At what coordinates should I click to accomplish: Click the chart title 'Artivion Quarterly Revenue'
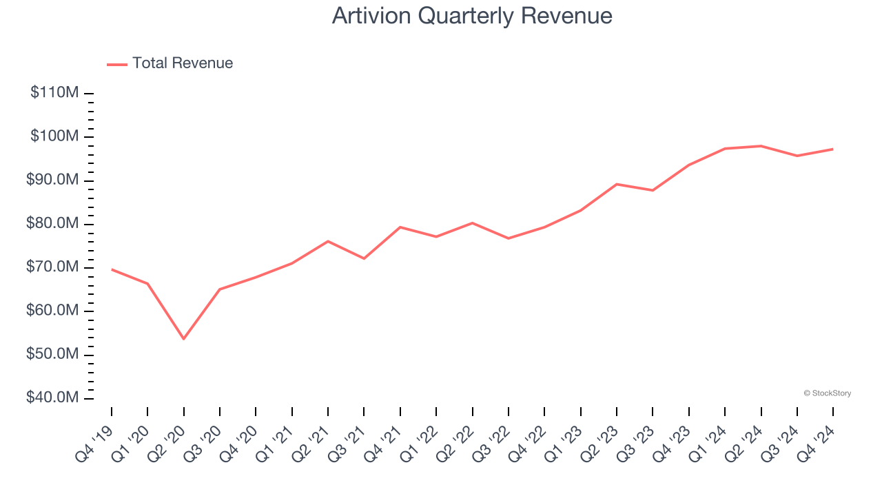pos(472,16)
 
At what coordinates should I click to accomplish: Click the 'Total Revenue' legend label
pos(183,63)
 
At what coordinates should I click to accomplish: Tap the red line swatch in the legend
pos(117,64)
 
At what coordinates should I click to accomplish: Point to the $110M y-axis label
pos(54,93)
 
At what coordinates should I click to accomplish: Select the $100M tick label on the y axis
pos(54,136)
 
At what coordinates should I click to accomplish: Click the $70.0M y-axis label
pos(52,267)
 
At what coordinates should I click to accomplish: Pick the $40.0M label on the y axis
pos(52,398)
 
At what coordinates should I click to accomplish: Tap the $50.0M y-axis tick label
pos(52,355)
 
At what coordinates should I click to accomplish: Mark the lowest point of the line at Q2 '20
pos(184,339)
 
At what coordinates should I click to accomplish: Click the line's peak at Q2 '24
pos(761,146)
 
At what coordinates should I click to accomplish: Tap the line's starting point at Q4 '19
pos(112,269)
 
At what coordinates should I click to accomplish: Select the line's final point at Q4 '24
pos(833,149)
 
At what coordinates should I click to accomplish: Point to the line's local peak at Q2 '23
pos(617,184)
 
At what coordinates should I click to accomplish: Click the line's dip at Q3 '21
pos(364,258)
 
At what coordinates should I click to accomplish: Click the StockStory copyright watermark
pos(828,393)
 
